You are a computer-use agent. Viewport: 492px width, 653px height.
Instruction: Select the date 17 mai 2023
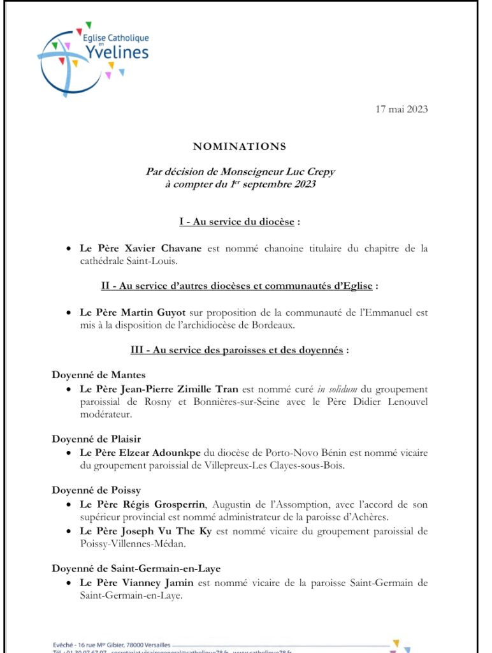coord(402,109)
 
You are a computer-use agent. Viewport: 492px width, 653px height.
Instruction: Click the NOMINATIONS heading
coord(240,147)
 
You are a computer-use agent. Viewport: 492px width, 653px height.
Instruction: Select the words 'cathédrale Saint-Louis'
coord(124,260)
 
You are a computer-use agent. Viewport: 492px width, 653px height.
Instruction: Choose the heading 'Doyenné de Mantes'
coord(99,375)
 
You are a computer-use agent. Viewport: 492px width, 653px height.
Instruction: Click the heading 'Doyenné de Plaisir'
coord(96,439)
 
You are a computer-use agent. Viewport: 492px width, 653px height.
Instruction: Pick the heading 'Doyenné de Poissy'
coord(96,490)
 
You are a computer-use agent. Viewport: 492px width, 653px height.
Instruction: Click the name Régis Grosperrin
coord(169,504)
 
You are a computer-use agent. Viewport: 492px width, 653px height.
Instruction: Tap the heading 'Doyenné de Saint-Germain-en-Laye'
coord(136,568)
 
